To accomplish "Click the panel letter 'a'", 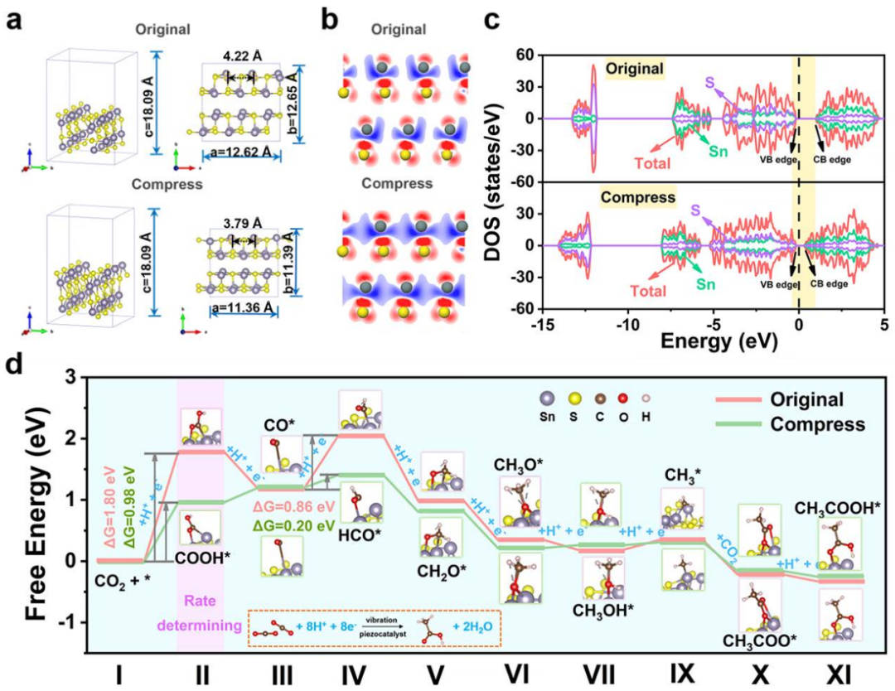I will tap(14, 20).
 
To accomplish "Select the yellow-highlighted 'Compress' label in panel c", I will tap(638, 198).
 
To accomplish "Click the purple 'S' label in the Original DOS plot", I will tap(709, 82).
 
